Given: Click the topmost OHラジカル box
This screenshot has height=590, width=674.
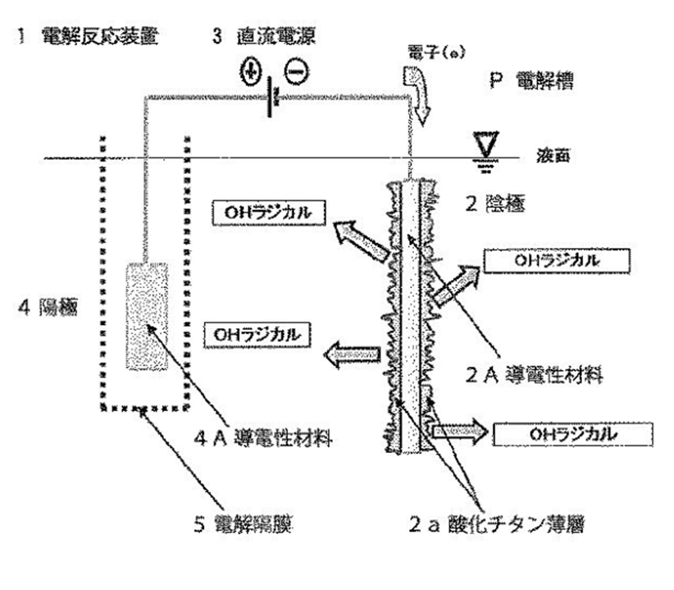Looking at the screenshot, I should [x=262, y=212].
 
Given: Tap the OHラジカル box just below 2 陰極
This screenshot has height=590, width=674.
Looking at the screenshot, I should [x=556, y=260].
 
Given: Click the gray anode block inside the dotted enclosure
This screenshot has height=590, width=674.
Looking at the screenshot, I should [x=146, y=316].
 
